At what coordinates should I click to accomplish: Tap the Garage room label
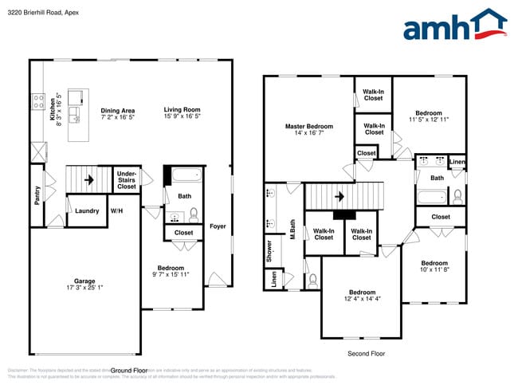point(84,281)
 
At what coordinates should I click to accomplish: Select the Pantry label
point(37,195)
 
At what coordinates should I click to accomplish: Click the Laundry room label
point(87,210)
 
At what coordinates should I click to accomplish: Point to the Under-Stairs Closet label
point(127,180)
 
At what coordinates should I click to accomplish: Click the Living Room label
point(182,110)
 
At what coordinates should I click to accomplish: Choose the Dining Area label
point(117,110)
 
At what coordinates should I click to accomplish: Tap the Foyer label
point(218,226)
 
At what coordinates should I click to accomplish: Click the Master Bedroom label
point(309,126)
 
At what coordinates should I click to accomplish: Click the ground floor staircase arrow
point(89,179)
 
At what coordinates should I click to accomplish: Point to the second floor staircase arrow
point(339,195)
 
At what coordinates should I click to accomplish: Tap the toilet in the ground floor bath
point(194,214)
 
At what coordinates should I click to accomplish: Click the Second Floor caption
point(366,353)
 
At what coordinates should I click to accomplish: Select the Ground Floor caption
point(129,371)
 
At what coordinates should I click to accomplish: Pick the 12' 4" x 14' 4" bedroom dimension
point(362,299)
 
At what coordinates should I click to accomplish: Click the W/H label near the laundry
point(116,210)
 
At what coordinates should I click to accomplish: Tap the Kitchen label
point(53,108)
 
